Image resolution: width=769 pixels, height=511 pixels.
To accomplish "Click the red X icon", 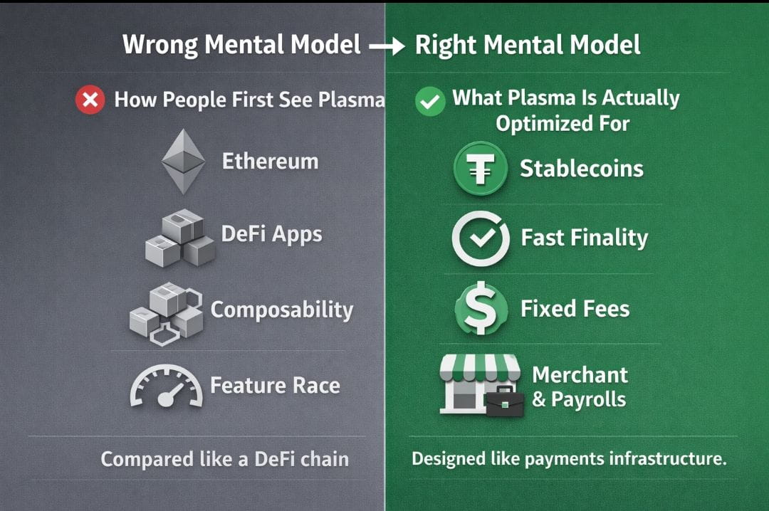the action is pos(90,100).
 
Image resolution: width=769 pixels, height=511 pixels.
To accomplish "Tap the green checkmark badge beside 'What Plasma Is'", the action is pos(430,101).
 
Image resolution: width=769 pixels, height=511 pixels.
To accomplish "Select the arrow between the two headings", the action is pos(387,46).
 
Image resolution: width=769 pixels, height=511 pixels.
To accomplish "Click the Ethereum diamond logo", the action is pos(184,162).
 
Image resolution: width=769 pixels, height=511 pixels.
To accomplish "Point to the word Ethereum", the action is pos(271,162).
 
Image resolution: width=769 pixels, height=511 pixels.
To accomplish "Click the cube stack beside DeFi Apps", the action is pos(180,238).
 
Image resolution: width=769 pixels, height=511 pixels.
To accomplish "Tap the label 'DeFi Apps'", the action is pos(272,234).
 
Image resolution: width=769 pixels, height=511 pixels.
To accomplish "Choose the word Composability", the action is pos(282,310).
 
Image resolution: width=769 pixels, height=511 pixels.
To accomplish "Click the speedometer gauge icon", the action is pos(166,386).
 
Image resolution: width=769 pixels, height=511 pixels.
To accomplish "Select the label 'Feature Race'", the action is pos(275,386).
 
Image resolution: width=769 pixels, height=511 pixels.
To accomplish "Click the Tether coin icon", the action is pos(481,168).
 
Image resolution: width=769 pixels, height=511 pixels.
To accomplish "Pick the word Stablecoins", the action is pos(582,169).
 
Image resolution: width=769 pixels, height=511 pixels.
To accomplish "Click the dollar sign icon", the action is pos(481,308).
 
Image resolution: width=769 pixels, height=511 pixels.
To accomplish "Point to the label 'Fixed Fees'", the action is pos(575,309).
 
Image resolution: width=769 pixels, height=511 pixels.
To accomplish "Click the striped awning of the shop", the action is pos(480,368).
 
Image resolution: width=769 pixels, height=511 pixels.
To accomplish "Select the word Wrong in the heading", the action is pos(160,45).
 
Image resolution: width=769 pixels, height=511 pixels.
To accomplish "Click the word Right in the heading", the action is pos(446,46).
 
